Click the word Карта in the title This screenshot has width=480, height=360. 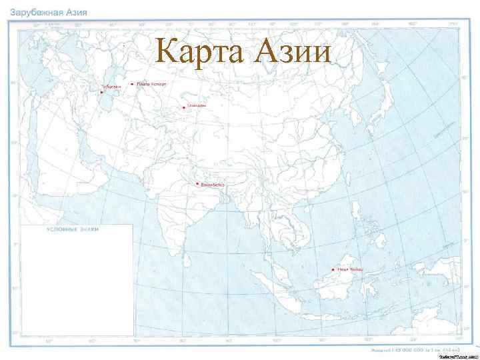coord(197,51)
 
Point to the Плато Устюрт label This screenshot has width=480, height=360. coord(153,85)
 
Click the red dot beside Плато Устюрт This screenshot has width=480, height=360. coord(132,85)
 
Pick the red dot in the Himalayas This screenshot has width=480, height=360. coord(197,183)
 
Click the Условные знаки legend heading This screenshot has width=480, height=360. coord(72,229)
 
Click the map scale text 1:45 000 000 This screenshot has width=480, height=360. coord(413,348)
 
